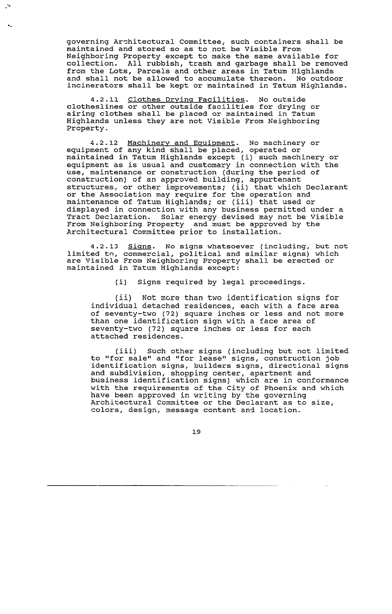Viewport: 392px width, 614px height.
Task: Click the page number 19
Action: (196, 432)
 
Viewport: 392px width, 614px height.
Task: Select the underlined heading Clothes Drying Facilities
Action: (186, 100)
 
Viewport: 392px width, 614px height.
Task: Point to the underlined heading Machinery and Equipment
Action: (181, 143)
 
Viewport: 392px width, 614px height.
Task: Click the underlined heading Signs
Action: (140, 247)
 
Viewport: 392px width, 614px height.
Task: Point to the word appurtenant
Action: (275, 180)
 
